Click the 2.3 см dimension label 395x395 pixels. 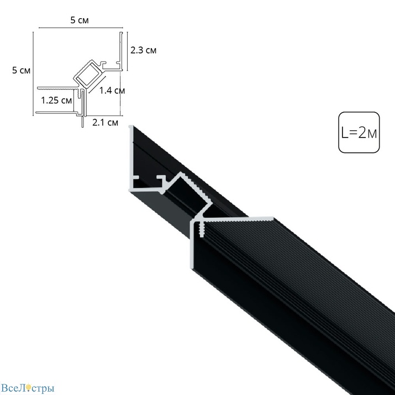point(143,50)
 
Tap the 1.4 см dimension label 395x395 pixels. point(112,91)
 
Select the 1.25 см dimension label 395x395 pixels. point(56,100)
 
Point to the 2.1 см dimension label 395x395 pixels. point(106,123)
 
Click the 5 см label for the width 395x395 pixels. point(80,20)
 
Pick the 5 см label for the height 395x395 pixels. point(22,70)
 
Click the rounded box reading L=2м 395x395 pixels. point(359,132)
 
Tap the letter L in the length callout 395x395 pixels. point(344,133)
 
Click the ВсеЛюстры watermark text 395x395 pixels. point(28,388)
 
